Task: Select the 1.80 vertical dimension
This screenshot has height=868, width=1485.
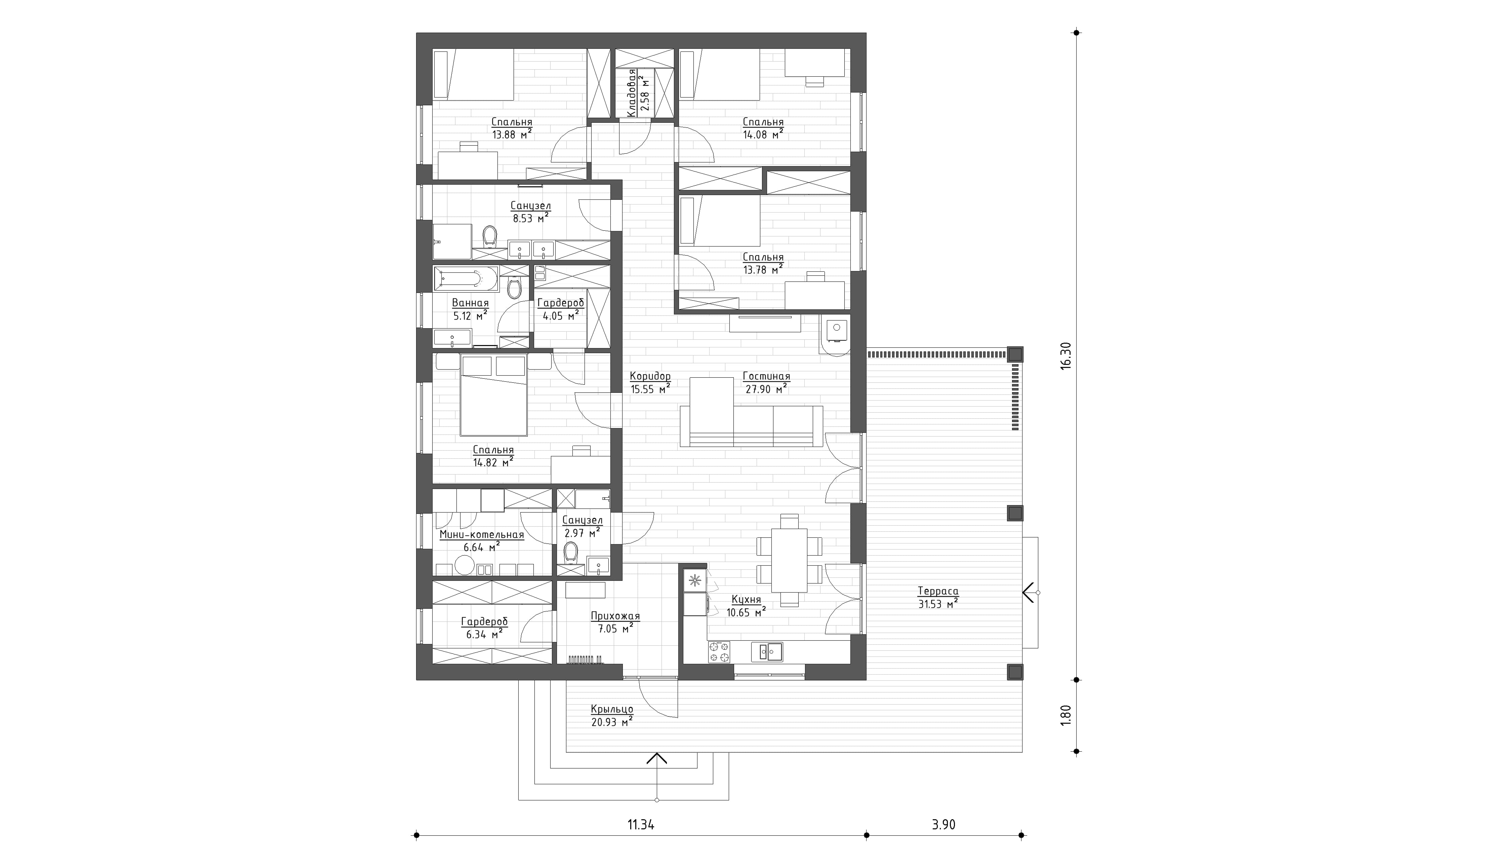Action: pos(1066,715)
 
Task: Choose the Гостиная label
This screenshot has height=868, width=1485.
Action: pos(766,376)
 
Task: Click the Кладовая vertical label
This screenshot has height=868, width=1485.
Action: pos(632,93)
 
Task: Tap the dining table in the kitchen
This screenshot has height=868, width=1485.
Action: pos(789,560)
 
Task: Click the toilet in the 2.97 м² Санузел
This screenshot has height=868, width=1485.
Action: pos(570,553)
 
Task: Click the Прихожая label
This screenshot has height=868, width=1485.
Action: pos(615,616)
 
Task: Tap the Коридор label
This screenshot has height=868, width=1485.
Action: pos(650,376)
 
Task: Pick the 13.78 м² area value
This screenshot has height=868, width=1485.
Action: pos(763,269)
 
